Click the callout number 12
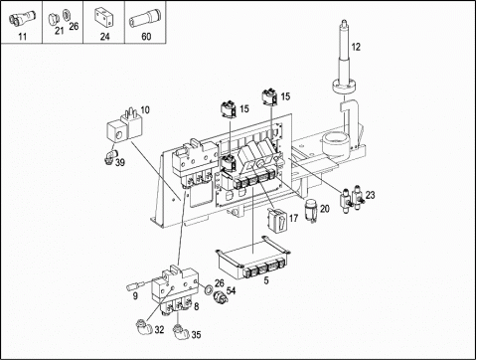pyautogui.click(x=356, y=47)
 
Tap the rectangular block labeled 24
pyautogui.click(x=104, y=19)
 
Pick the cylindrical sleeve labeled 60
pyautogui.click(x=144, y=20)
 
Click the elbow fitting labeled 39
pyautogui.click(x=109, y=156)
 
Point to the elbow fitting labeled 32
pyautogui.click(x=145, y=326)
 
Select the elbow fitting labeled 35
pyautogui.click(x=181, y=331)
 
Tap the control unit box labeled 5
pyautogui.click(x=252, y=260)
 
